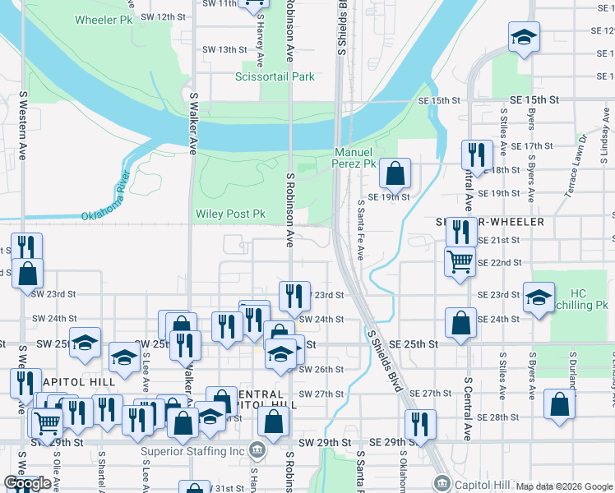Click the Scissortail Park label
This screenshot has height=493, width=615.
[x=275, y=77]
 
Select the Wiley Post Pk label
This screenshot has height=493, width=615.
[x=230, y=214]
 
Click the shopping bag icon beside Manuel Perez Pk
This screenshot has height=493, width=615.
[x=395, y=173]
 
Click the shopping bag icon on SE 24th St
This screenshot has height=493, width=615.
[x=461, y=322]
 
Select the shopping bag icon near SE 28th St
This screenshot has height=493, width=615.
[x=560, y=406]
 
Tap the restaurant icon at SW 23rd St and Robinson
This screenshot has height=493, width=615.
[x=294, y=296]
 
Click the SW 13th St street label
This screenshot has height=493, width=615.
[x=217, y=49]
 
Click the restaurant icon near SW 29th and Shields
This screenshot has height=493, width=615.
[x=420, y=424]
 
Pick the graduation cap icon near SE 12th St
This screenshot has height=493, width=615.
[x=523, y=37]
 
